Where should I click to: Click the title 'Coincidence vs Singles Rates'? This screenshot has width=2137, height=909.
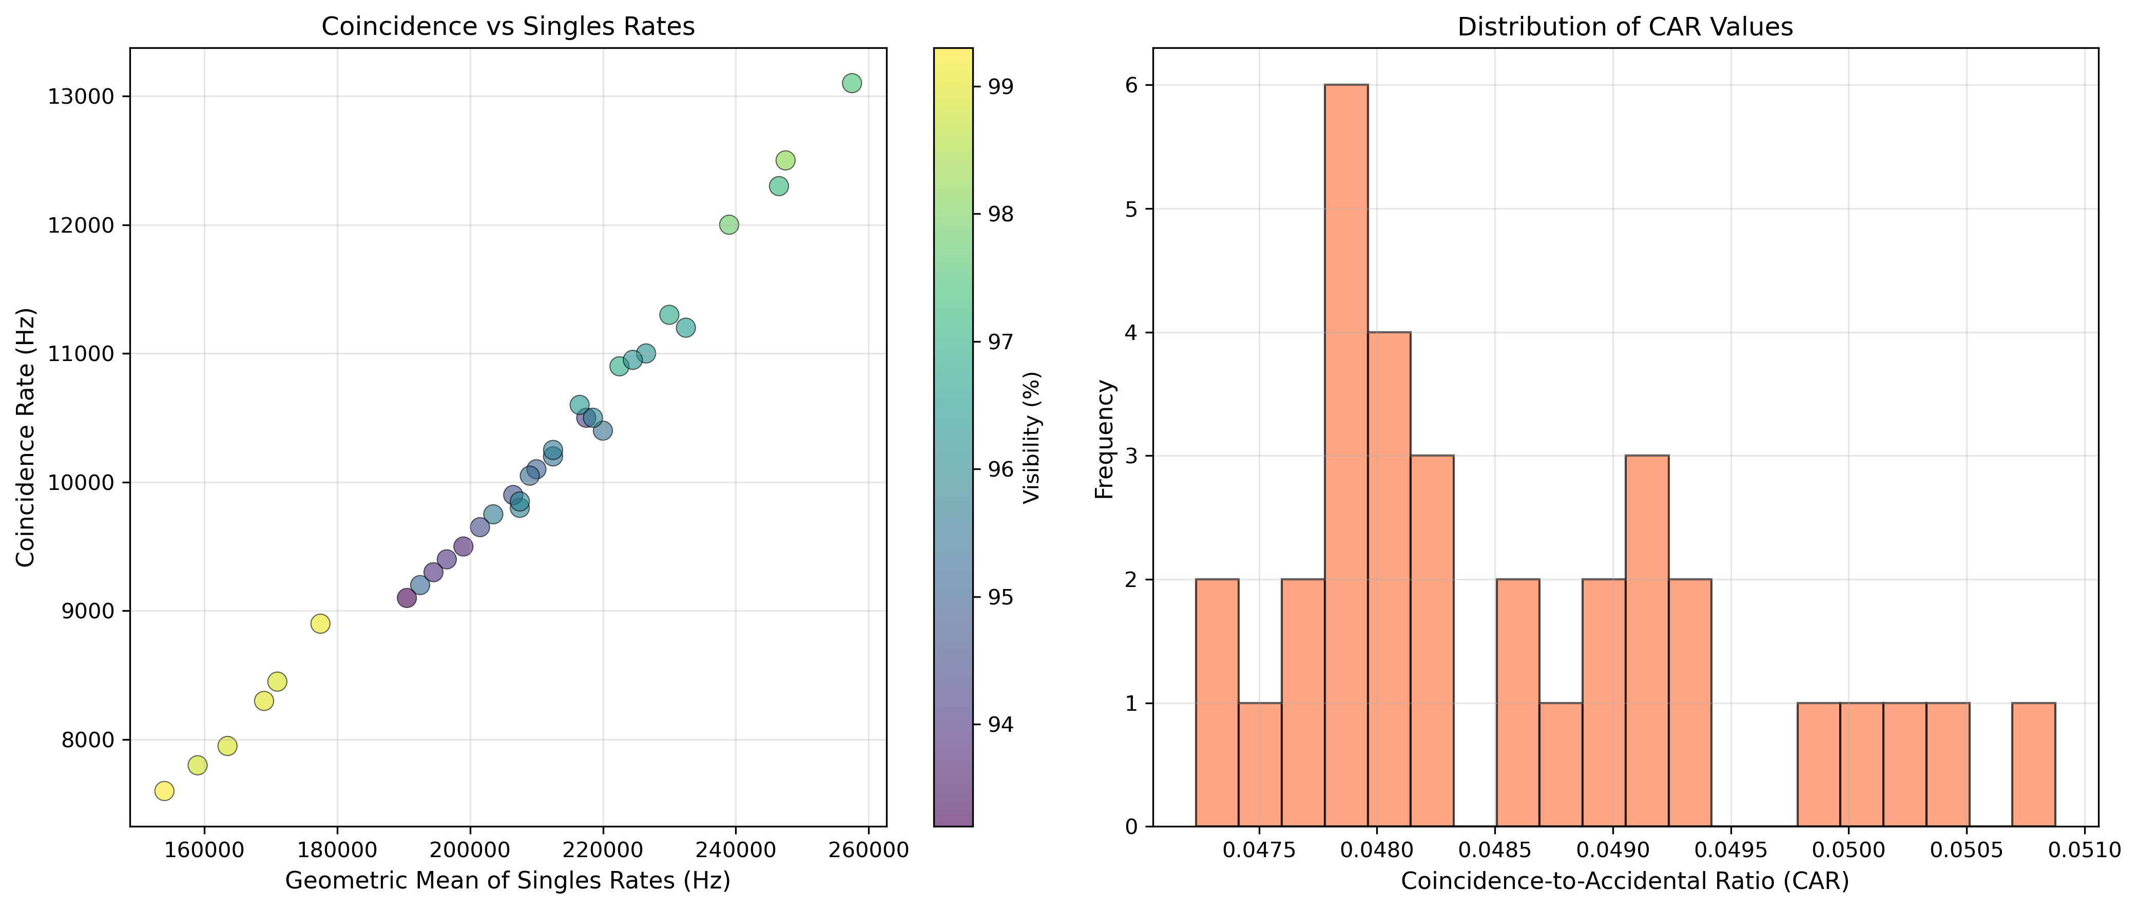508,27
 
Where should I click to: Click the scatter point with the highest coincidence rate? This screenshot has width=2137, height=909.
851,83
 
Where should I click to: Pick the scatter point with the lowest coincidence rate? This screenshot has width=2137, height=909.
164,790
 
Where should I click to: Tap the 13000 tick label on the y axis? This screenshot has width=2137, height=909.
81,97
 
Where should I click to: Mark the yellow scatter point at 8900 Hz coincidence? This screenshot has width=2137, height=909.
320,623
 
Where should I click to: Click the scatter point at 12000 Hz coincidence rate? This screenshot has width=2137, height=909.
728,224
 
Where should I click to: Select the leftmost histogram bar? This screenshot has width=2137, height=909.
1217,703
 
